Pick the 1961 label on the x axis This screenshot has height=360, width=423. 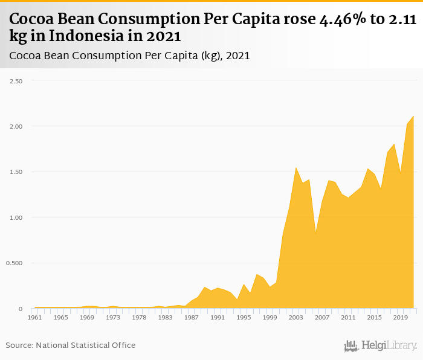pyautogui.click(x=34, y=317)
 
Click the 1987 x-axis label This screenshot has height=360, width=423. pyautogui.click(x=192, y=317)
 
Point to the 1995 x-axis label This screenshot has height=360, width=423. pyautogui.click(x=244, y=317)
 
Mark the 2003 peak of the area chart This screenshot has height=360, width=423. pyautogui.click(x=296, y=168)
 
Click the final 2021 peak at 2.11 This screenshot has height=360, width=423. pyautogui.click(x=413, y=116)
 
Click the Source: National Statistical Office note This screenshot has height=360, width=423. pyautogui.click(x=71, y=346)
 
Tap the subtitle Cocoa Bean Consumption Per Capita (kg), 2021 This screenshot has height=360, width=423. pyautogui.click(x=130, y=56)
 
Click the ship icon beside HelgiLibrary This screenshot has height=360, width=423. pyautogui.click(x=351, y=346)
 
